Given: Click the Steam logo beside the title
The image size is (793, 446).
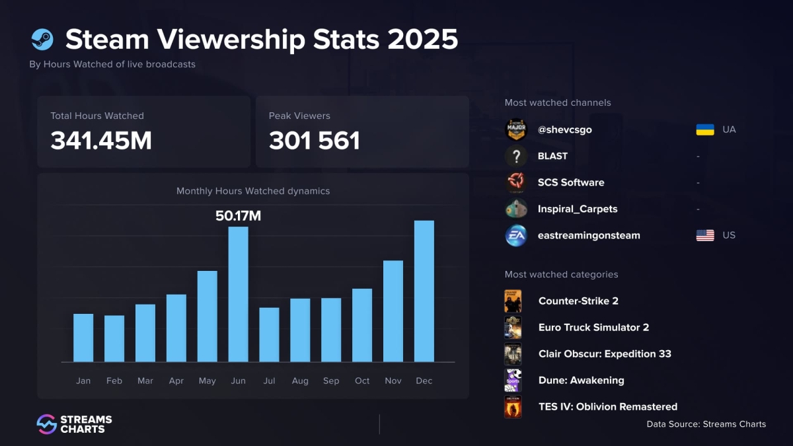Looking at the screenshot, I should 42,40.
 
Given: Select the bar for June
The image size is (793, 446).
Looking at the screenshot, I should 239,294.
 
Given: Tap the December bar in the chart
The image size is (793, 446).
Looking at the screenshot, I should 424,291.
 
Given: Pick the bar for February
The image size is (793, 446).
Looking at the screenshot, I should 114,338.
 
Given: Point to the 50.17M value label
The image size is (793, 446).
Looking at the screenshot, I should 239,215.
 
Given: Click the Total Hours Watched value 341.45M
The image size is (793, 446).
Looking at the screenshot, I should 101,141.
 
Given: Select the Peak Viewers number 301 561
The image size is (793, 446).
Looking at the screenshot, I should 315,141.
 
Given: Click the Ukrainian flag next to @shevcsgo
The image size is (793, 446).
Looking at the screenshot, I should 705,130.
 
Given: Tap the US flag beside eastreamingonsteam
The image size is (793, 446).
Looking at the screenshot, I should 705,235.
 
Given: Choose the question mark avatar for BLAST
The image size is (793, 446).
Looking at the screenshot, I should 516,156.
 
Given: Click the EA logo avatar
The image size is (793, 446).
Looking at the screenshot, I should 516,235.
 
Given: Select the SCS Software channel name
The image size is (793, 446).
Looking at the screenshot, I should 571,182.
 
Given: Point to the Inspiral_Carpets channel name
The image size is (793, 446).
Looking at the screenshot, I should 578,209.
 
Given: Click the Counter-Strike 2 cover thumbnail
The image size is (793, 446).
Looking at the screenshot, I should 513,301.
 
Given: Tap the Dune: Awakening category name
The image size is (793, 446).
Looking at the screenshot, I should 581,380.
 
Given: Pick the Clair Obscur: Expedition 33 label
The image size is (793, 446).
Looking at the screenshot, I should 605,353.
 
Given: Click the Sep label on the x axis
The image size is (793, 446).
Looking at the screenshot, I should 331,381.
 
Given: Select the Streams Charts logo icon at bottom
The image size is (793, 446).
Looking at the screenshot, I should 46,424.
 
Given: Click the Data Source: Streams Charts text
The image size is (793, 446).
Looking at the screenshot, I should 706,424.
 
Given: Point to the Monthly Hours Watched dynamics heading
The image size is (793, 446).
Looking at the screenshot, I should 253,191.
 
